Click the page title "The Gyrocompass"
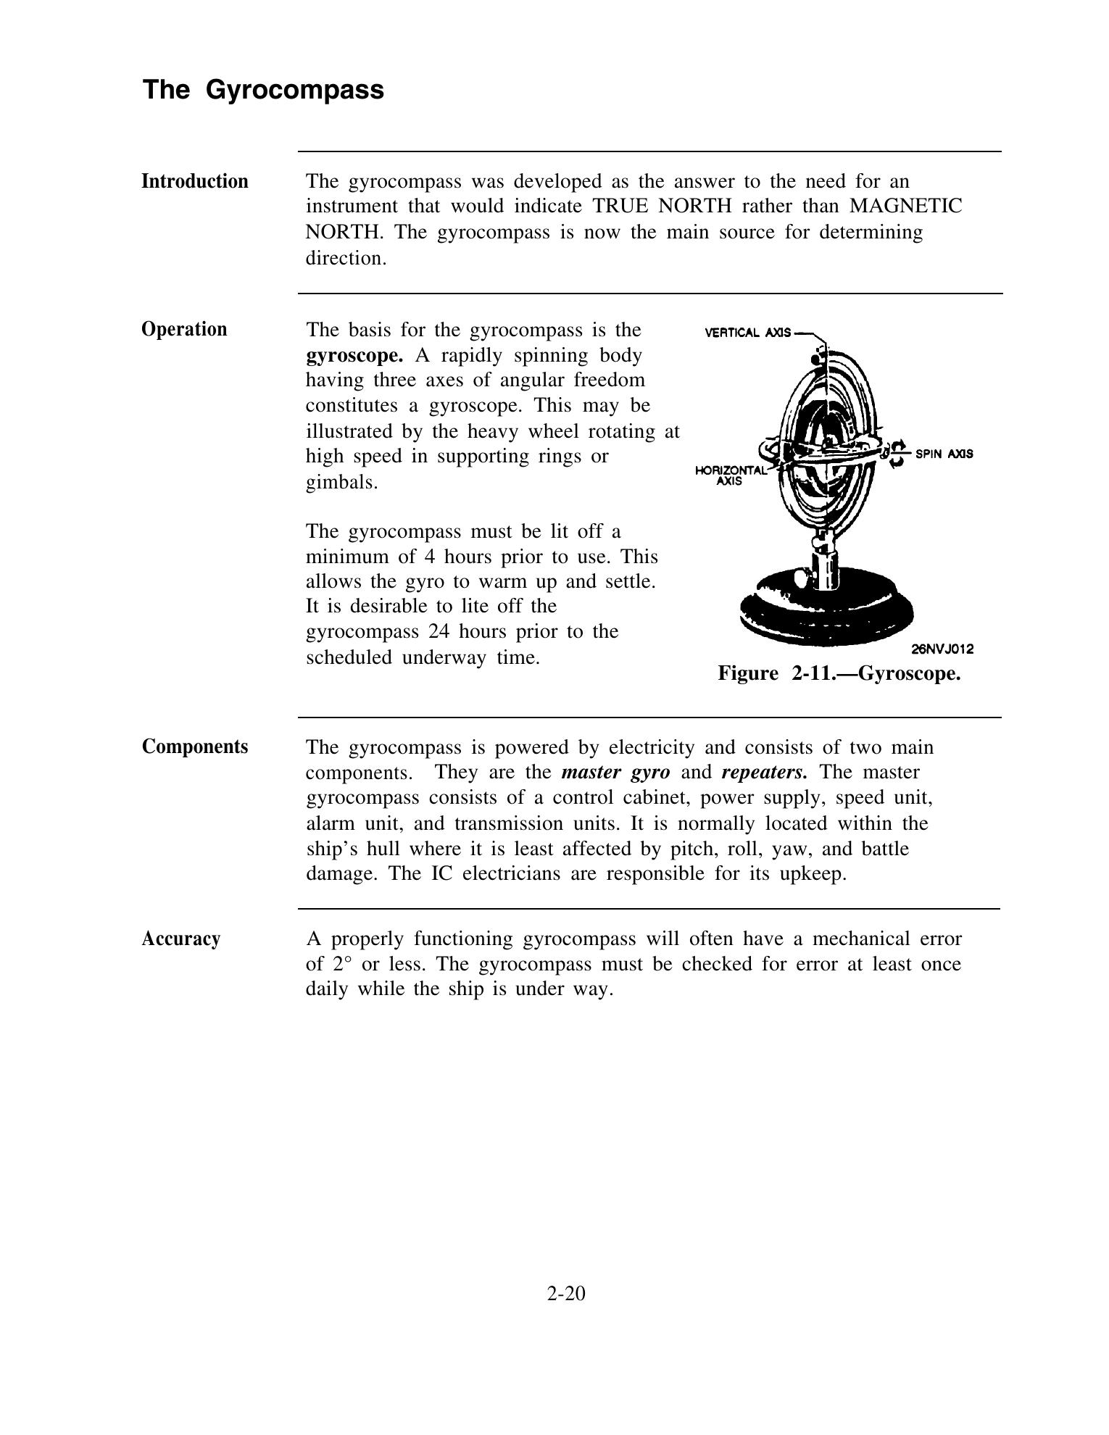(263, 90)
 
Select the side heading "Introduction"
(194, 181)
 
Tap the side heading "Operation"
(184, 329)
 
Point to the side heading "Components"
(194, 746)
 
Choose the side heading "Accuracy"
(180, 939)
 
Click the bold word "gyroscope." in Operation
(354, 355)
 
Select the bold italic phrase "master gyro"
(615, 772)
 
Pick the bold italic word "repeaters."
(764, 772)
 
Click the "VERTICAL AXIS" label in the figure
(747, 333)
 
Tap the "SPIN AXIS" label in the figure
(944, 454)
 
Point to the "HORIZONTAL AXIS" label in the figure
(729, 475)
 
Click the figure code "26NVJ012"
(942, 649)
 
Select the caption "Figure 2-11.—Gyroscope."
(839, 673)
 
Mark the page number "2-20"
(566, 1294)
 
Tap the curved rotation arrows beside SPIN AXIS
(897, 453)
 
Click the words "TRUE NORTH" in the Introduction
(662, 207)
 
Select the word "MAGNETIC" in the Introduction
(905, 207)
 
